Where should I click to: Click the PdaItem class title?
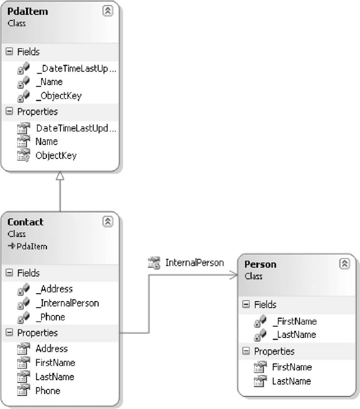click(x=28, y=12)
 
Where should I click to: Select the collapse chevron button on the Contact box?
click(x=108, y=222)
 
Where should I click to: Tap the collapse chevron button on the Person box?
click(x=345, y=264)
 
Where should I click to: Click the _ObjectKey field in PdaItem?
click(x=59, y=96)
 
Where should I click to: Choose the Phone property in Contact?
click(x=48, y=391)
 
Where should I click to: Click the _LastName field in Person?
click(x=295, y=335)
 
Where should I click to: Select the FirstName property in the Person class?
click(x=292, y=367)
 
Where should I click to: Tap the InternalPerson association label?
click(x=195, y=263)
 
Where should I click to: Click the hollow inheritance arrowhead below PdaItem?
click(x=60, y=176)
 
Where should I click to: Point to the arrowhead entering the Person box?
click(x=234, y=275)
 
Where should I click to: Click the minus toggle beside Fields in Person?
click(x=246, y=304)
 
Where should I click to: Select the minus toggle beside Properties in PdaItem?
click(x=9, y=112)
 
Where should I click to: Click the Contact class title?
click(x=25, y=222)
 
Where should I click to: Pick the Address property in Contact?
click(x=52, y=349)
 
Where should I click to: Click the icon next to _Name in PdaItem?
click(x=23, y=82)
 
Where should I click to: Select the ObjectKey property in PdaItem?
click(x=56, y=155)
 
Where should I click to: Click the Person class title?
click(x=260, y=264)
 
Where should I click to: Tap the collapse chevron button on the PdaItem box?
click(x=108, y=11)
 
